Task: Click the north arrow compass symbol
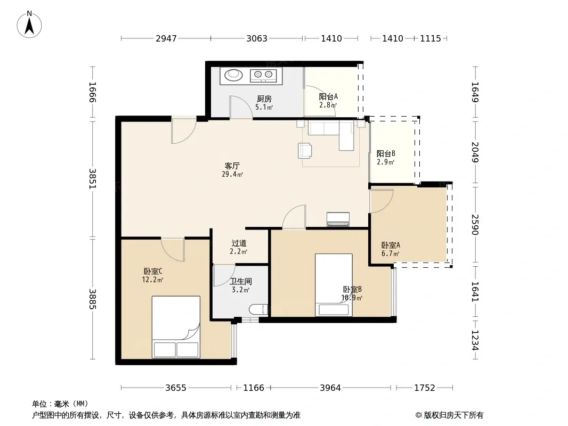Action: tap(29, 24)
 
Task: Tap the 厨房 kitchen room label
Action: tap(264, 99)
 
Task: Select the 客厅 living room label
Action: tap(232, 166)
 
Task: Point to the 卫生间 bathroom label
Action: tap(240, 281)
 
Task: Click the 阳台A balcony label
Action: tap(328, 96)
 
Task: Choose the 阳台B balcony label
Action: tap(386, 153)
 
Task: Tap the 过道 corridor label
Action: tap(239, 243)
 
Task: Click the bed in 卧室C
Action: tap(176, 327)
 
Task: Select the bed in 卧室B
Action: tap(334, 285)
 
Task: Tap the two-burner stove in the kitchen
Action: tap(263, 75)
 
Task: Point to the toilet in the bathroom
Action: tap(258, 309)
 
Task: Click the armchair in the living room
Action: tap(305, 151)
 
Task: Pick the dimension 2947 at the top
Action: tap(166, 38)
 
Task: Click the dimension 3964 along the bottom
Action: tap(330, 388)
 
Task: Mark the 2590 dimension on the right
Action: tap(475, 224)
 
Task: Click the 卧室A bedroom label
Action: tap(391, 245)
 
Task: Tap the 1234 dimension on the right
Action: tap(475, 340)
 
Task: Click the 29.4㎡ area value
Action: tap(232, 174)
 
